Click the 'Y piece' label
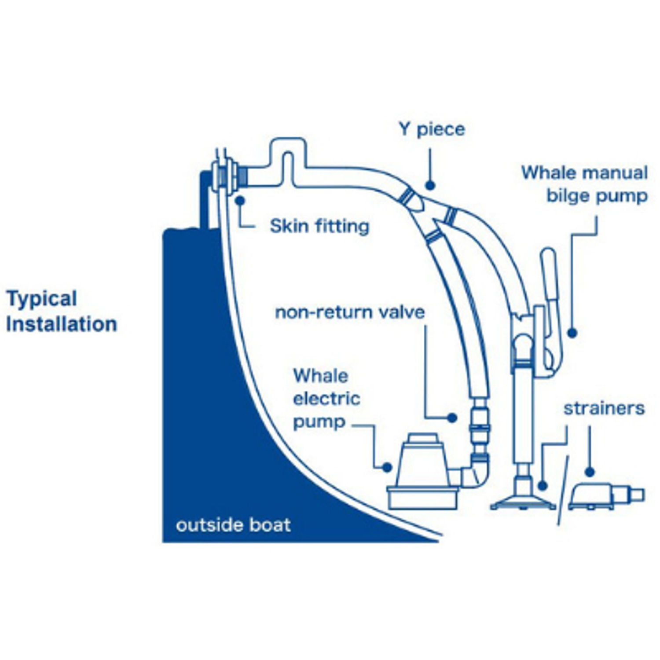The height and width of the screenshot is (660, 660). coord(431,130)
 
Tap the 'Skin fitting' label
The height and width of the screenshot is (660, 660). coord(319,226)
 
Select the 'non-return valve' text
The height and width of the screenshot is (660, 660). coord(350,312)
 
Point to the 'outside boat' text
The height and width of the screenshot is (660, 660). coord(233,525)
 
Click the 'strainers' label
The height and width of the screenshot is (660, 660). coord(604,408)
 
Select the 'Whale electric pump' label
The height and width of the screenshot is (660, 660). coord(326,399)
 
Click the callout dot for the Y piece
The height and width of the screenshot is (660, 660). coord(430,186)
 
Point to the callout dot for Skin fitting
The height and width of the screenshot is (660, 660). coord(240,201)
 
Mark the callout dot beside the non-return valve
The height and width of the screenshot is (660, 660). coord(451,418)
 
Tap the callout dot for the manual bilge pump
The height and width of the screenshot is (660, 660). coord(572,333)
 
